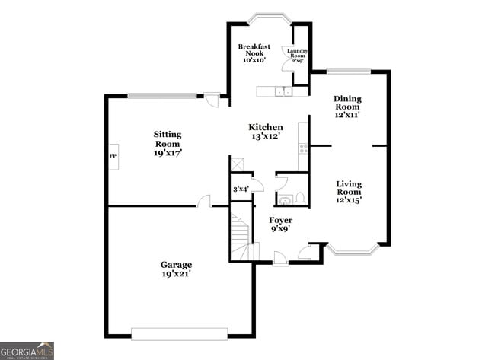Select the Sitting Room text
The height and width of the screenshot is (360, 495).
coord(168,143)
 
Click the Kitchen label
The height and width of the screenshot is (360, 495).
coord(266,132)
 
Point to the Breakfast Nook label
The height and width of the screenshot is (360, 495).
coord(254,53)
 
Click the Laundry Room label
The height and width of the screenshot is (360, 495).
coord(297,54)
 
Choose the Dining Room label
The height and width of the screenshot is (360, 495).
coord(347,107)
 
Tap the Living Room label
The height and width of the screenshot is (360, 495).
coord(349,192)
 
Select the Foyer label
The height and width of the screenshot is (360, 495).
coord(281,225)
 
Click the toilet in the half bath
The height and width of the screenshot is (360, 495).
coord(300,199)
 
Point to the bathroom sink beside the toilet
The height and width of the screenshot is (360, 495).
coord(284,201)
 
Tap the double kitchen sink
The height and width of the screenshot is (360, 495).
coord(284,92)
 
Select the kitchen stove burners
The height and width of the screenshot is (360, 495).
coord(303,146)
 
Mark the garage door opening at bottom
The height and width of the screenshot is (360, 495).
coord(179,333)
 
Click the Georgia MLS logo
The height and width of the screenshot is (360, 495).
coord(27,350)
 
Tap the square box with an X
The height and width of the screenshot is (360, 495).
coord(238,164)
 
